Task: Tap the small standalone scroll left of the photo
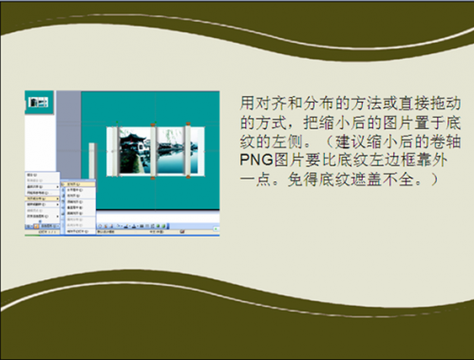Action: [90, 156]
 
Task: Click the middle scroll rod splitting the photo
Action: [152, 149]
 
